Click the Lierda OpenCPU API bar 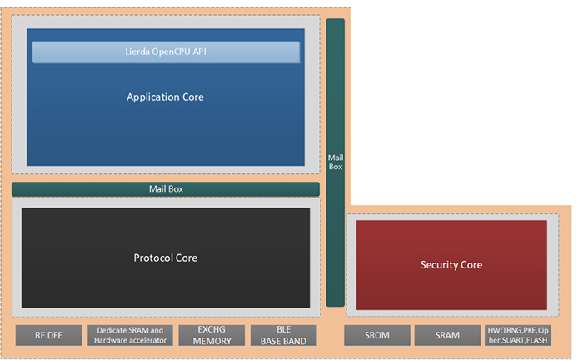(x=166, y=52)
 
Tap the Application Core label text (x=165, y=97)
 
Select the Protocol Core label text (x=166, y=257)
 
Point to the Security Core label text (x=451, y=265)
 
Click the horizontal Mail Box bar (x=166, y=189)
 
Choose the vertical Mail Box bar (x=336, y=162)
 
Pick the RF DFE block (x=48, y=336)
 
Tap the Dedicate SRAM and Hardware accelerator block (x=130, y=336)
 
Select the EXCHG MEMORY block (x=212, y=336)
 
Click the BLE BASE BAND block (x=284, y=336)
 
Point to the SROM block (x=377, y=336)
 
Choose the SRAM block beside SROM (x=447, y=336)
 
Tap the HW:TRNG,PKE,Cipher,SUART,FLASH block (x=518, y=336)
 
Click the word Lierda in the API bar (x=137, y=52)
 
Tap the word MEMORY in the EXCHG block (x=212, y=341)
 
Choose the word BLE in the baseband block (x=284, y=329)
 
